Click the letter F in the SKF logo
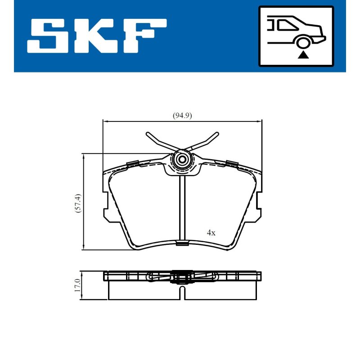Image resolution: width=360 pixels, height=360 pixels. (x=144, y=36)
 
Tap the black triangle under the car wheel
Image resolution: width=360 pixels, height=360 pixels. (x=303, y=55)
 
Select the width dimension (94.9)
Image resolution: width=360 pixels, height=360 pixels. (x=182, y=116)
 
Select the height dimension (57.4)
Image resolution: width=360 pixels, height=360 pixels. (x=78, y=203)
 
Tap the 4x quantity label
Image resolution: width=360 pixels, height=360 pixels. (x=211, y=233)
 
